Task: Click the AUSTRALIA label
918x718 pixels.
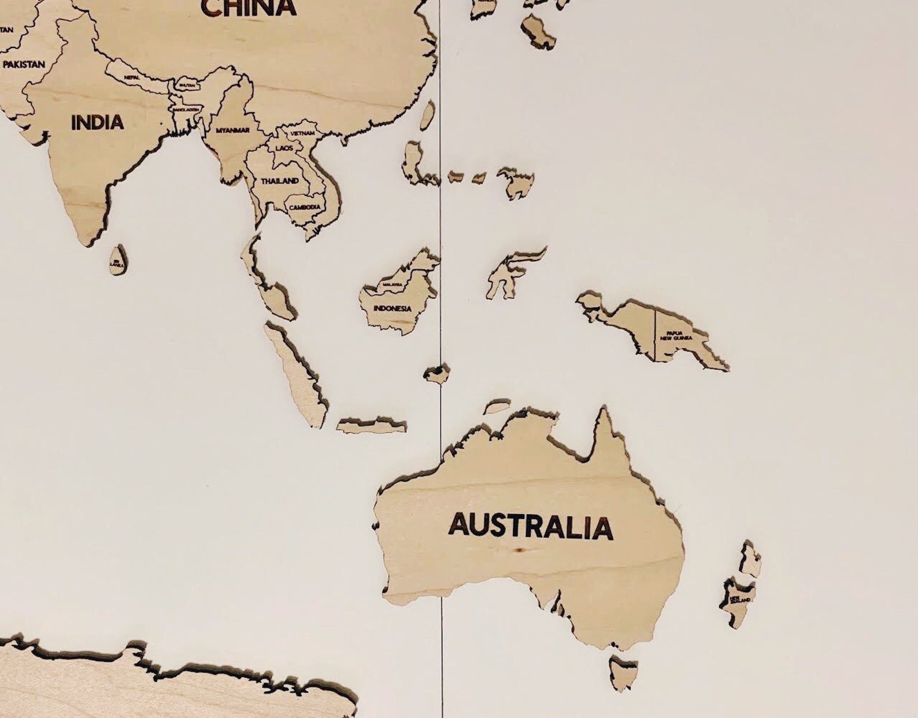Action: point(530,526)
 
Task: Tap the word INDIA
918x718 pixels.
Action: point(97,122)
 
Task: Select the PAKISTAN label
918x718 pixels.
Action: point(23,64)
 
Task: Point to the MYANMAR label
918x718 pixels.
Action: point(232,131)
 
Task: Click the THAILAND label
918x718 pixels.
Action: point(280,181)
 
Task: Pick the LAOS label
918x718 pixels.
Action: point(284,148)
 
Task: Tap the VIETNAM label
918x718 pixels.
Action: point(303,133)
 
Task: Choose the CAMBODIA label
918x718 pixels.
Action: point(305,207)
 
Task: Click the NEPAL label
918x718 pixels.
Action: point(131,77)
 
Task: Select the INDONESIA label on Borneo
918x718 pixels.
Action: point(393,308)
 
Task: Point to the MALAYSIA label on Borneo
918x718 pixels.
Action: point(392,285)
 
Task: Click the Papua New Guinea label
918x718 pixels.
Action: point(679,335)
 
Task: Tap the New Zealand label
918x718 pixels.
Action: point(739,600)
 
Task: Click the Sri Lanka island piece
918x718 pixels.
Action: point(117,260)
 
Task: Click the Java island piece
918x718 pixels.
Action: point(371,426)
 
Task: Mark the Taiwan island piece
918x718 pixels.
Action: point(427,115)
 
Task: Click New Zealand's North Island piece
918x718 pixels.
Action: point(750,559)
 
